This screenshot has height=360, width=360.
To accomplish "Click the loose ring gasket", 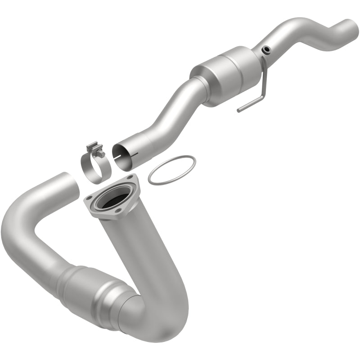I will (172, 170).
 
